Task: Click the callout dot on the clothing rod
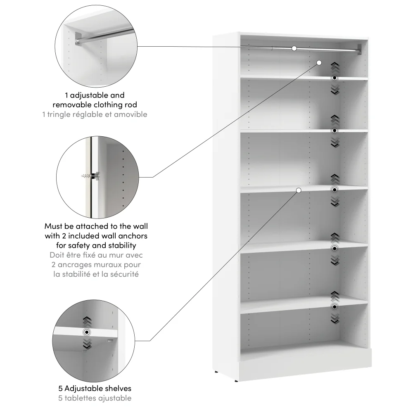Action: pyautogui.click(x=294, y=48)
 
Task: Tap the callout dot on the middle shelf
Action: pyautogui.click(x=299, y=190)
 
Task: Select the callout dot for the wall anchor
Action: pyautogui.click(x=319, y=62)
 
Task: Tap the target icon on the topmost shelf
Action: pyautogui.click(x=335, y=78)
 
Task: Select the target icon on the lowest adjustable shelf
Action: pyautogui.click(x=335, y=306)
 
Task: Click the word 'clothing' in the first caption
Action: pyautogui.click(x=110, y=105)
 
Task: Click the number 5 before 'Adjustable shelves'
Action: pyautogui.click(x=61, y=389)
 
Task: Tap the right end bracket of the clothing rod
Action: pyautogui.click(x=359, y=49)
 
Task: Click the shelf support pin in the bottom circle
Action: pyautogui.click(x=109, y=341)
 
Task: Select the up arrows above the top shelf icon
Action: pyautogui.click(x=335, y=66)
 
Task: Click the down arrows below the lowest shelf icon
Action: pyautogui.click(x=335, y=318)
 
